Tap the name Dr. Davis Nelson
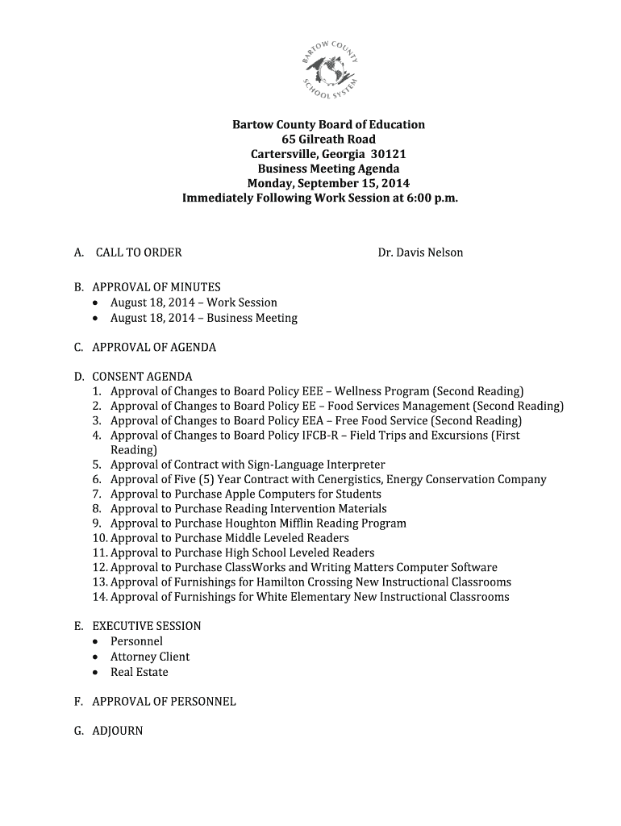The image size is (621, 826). pos(420,252)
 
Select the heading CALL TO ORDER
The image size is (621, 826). pos(139,252)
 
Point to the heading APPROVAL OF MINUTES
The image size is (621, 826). pos(156,287)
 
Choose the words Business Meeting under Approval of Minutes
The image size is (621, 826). pos(252,318)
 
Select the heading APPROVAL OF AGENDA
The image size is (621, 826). pos(154,348)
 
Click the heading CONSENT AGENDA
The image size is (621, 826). pos(142,377)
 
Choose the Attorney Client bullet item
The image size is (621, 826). pos(150,657)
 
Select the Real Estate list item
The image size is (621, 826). pos(139,672)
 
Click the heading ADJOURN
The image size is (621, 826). pos(118,731)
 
